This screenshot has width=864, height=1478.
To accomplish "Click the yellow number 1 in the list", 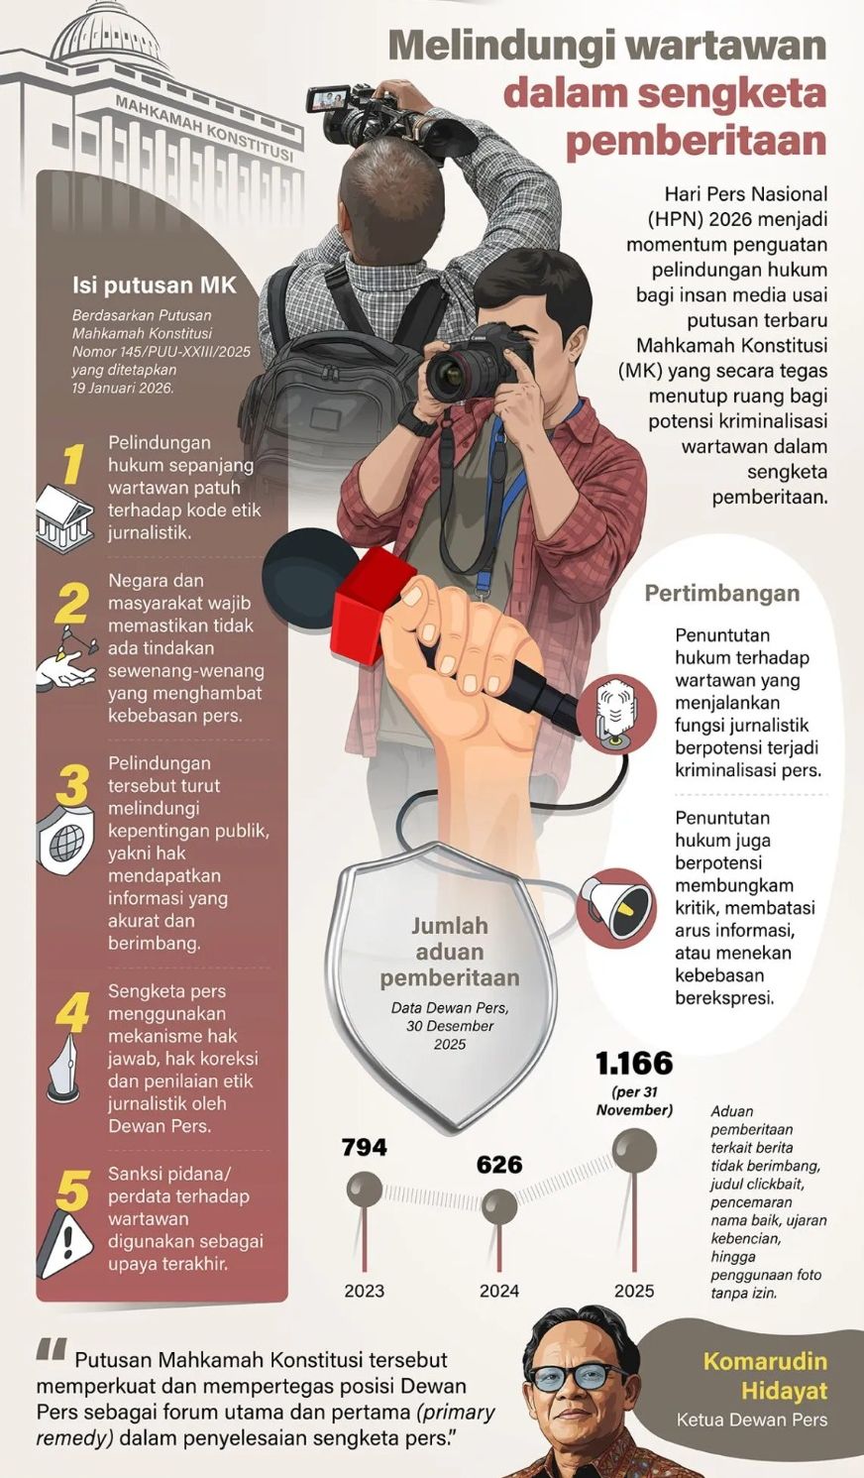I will (71, 463).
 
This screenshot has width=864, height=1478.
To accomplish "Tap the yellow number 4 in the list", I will (71, 1012).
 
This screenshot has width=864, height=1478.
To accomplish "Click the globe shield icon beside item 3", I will (64, 842).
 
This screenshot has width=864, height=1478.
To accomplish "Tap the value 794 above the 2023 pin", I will (364, 1147).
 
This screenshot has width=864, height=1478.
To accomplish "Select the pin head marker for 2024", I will (498, 1206).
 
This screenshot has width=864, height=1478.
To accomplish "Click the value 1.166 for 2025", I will (634, 1064).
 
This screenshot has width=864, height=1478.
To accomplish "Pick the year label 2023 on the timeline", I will (364, 1291).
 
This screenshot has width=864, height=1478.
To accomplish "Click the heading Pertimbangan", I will (721, 594).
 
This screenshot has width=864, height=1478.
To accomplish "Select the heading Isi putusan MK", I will (155, 285).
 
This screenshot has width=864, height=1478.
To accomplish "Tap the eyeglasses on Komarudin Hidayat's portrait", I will (579, 1376).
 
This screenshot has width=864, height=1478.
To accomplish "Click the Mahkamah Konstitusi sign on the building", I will (204, 129).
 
